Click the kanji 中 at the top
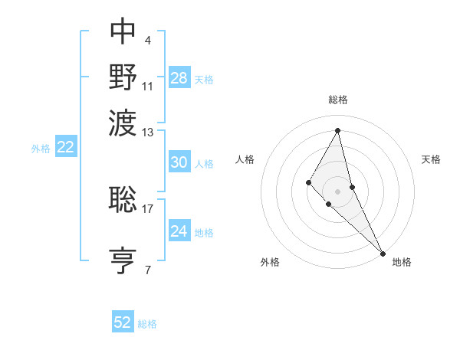coord(123,31)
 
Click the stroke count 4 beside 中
coord(147,39)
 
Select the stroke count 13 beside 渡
coord(148,133)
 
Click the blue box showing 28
coord(179,78)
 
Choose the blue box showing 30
coord(179,162)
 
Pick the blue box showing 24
coord(179,231)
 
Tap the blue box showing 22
coord(65,148)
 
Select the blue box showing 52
coord(123,323)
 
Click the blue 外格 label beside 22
coord(41,149)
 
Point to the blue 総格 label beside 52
coord(147,324)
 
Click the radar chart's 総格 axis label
coord(337,100)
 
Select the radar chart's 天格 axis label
coord(431,159)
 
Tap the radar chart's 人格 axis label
coord(245,159)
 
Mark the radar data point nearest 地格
coord(382,253)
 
